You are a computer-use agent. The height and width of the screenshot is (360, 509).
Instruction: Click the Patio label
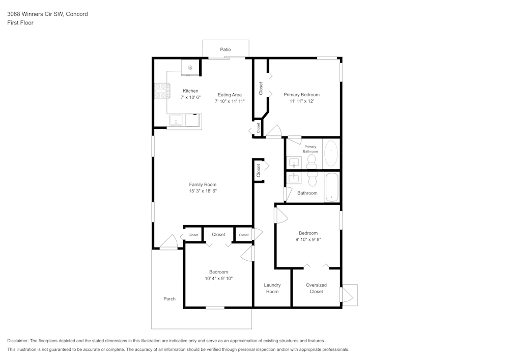click(x=225, y=49)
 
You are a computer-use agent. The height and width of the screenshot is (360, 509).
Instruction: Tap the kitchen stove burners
click(x=161, y=91)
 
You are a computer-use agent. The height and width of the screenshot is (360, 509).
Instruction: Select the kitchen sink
click(x=176, y=121)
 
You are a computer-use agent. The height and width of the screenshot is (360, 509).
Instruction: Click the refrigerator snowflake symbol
click(x=190, y=68)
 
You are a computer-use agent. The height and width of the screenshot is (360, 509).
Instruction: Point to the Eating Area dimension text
click(x=230, y=101)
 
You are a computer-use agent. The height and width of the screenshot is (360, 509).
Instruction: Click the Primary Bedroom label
click(x=301, y=95)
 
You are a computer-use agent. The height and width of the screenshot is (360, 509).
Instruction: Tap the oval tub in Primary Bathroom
click(x=331, y=154)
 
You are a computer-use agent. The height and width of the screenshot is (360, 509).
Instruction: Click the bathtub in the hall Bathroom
click(x=332, y=187)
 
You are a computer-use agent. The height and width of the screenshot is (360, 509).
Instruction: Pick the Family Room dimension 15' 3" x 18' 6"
click(x=203, y=191)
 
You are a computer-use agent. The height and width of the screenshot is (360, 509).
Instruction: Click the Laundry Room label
click(x=272, y=288)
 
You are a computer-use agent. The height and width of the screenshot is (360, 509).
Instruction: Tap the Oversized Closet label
click(x=316, y=288)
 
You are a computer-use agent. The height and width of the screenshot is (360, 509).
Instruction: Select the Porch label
click(x=169, y=299)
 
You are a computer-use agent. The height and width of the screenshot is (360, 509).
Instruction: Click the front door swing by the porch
click(x=168, y=243)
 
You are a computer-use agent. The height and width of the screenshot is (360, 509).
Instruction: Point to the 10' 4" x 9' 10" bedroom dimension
click(x=218, y=279)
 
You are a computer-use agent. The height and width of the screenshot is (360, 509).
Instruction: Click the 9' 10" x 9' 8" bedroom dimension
click(x=308, y=239)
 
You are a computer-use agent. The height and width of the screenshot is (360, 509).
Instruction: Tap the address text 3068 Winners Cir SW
click(x=47, y=14)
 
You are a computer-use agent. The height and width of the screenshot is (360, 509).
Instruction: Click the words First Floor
click(x=20, y=23)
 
